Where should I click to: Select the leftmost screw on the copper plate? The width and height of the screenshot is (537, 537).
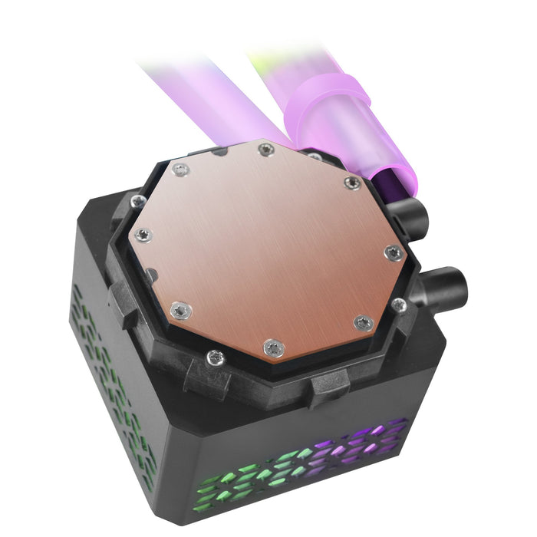tap(143, 235)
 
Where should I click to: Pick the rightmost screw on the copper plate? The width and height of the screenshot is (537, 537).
tap(394, 253)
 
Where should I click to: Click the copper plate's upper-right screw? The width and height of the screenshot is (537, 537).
tap(352, 183)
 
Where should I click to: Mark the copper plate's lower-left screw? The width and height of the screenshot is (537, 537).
tap(179, 310)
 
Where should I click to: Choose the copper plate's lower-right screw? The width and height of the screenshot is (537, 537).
tap(363, 323)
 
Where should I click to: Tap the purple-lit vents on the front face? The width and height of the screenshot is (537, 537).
tap(361, 445)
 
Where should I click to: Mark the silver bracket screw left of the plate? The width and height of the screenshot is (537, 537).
tap(138, 202)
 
